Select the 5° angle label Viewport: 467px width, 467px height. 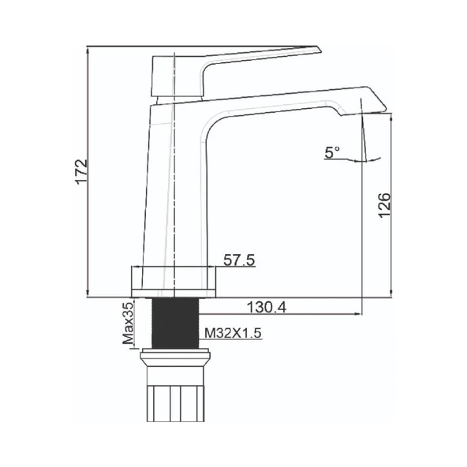(x=332, y=152)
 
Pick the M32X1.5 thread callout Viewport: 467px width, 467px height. (x=233, y=334)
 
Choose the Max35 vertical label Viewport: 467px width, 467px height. (x=126, y=324)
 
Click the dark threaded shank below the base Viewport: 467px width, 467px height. (x=173, y=323)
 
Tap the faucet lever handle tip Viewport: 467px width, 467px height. (x=316, y=51)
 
